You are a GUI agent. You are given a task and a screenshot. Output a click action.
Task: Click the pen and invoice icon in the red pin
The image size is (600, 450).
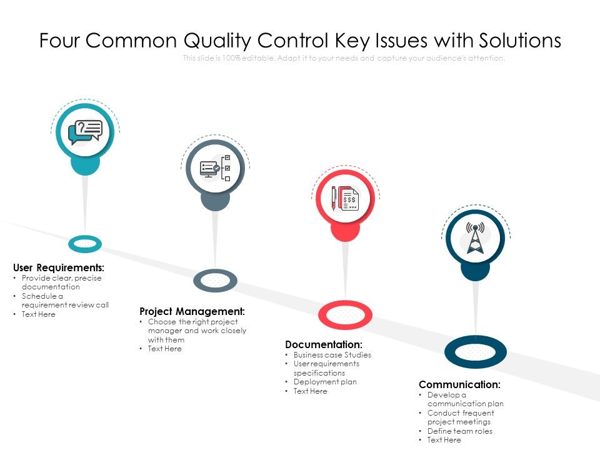coord(345,198)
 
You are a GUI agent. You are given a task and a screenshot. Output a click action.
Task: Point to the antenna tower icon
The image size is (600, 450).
coord(475,238)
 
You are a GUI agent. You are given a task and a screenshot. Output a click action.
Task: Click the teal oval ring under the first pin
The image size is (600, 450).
coord(85,244)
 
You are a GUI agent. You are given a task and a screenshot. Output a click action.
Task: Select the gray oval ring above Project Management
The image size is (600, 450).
coord(215,281)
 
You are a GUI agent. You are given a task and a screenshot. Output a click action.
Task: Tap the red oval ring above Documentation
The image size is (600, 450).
coord(345,314)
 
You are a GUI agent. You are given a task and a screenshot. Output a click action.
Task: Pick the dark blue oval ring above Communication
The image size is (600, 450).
coord(475,352)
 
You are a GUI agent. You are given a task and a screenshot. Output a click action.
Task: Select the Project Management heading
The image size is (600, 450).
coord(192,311)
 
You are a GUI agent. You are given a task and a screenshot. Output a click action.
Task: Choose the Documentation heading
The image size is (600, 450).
coord(323,344)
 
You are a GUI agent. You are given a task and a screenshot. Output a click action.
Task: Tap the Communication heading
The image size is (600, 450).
coord(459,384)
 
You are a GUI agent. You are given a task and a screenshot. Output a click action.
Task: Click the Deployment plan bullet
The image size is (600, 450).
coord(325,382)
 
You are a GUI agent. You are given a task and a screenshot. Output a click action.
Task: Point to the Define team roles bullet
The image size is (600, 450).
coord(459,431)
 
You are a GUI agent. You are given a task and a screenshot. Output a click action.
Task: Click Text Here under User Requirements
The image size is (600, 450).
coord(38,314)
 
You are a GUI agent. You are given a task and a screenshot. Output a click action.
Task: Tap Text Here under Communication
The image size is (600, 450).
coord(444,440)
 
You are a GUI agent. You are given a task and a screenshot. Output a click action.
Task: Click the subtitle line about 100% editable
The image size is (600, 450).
coord(343,58)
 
